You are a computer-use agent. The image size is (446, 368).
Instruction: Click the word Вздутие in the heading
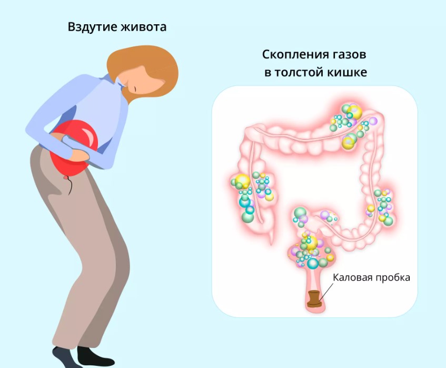(x=93, y=27)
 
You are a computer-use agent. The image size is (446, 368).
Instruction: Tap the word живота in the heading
(x=144, y=27)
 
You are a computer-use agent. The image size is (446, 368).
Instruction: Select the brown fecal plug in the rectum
(x=314, y=299)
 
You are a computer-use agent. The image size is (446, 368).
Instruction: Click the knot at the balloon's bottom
(x=66, y=178)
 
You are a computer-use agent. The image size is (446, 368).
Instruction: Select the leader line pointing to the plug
(x=326, y=292)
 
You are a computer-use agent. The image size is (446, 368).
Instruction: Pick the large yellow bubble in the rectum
(x=311, y=243)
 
